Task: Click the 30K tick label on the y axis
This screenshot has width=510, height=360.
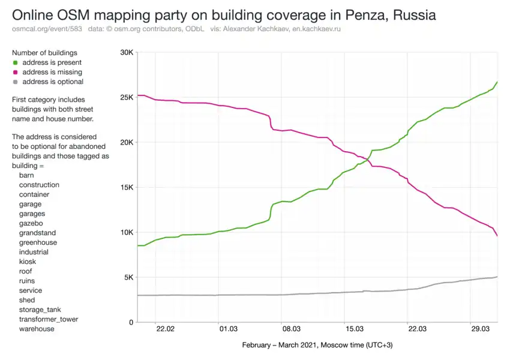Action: pyautogui.click(x=124, y=53)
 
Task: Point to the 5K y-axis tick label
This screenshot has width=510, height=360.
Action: pyautogui.click(x=126, y=277)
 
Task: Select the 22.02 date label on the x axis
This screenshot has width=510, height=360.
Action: pyautogui.click(x=165, y=329)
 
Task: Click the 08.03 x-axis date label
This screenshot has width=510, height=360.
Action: pyautogui.click(x=291, y=329)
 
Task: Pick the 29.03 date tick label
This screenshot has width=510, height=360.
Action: pyautogui.click(x=481, y=329)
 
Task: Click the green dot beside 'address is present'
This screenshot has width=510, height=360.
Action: pyautogui.click(x=15, y=62)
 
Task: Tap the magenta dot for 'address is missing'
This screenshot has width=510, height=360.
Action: pyautogui.click(x=15, y=72)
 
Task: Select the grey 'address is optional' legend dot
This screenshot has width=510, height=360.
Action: pyautogui.click(x=15, y=82)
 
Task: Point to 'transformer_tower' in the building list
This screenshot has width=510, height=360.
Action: pyautogui.click(x=49, y=319)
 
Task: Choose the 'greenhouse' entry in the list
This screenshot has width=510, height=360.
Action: pyautogui.click(x=38, y=242)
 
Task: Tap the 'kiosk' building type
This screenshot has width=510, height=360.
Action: pyautogui.click(x=28, y=262)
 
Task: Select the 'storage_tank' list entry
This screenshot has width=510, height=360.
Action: pyautogui.click(x=40, y=310)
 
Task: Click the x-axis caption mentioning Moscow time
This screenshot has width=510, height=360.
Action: pyautogui.click(x=317, y=345)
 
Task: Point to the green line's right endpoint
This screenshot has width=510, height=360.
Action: pyautogui.click(x=497, y=82)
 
